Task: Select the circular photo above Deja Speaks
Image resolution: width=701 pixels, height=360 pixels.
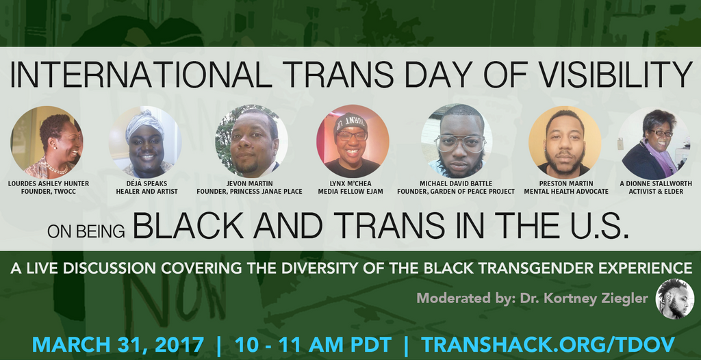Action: (146, 142)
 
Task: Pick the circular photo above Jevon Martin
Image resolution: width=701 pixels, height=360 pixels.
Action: (251, 142)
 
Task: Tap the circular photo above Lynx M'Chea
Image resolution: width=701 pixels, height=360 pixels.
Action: (352, 142)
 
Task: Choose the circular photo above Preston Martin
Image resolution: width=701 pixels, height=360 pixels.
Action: (565, 142)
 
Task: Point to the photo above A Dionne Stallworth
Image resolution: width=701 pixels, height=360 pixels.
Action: (654, 143)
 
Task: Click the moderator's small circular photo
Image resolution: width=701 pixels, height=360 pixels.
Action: (674, 299)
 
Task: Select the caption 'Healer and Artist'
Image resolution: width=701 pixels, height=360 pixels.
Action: (146, 192)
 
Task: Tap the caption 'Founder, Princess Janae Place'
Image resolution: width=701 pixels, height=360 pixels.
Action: (249, 192)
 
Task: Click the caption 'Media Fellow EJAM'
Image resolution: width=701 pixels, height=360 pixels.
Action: (351, 192)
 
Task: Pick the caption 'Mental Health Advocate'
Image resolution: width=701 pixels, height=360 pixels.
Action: (566, 192)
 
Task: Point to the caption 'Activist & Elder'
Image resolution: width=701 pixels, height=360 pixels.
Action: (654, 192)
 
